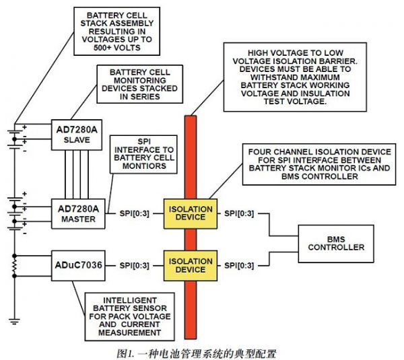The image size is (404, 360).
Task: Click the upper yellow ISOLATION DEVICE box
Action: (190, 212)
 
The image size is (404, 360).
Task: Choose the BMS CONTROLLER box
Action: (336, 242)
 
